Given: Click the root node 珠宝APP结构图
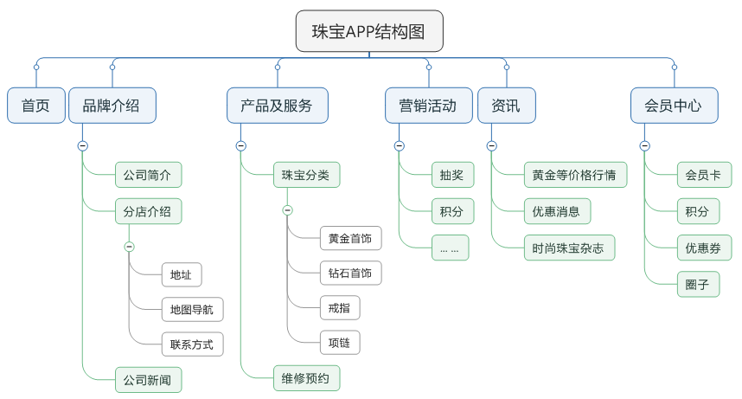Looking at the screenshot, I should tap(369, 32).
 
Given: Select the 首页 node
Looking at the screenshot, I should tap(36, 106).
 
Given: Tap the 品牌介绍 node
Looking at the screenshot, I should tap(111, 106).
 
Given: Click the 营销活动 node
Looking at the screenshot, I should tap(428, 106).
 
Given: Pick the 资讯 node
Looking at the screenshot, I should tap(506, 106).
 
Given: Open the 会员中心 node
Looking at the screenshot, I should tap(674, 106).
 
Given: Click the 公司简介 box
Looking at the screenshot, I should tap(148, 175).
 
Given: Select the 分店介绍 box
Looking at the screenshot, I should tap(148, 211).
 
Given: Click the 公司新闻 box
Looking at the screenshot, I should tap(148, 379).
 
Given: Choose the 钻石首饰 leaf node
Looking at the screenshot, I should tap(349, 274).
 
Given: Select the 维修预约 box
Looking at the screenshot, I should tap(306, 377).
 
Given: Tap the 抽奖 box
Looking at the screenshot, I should tap(451, 175).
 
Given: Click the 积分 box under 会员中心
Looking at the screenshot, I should tap(697, 211).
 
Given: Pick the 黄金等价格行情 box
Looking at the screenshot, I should tap(574, 175).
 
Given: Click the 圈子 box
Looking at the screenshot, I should tap(697, 284).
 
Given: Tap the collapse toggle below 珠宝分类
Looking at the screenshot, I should tap(288, 210).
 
